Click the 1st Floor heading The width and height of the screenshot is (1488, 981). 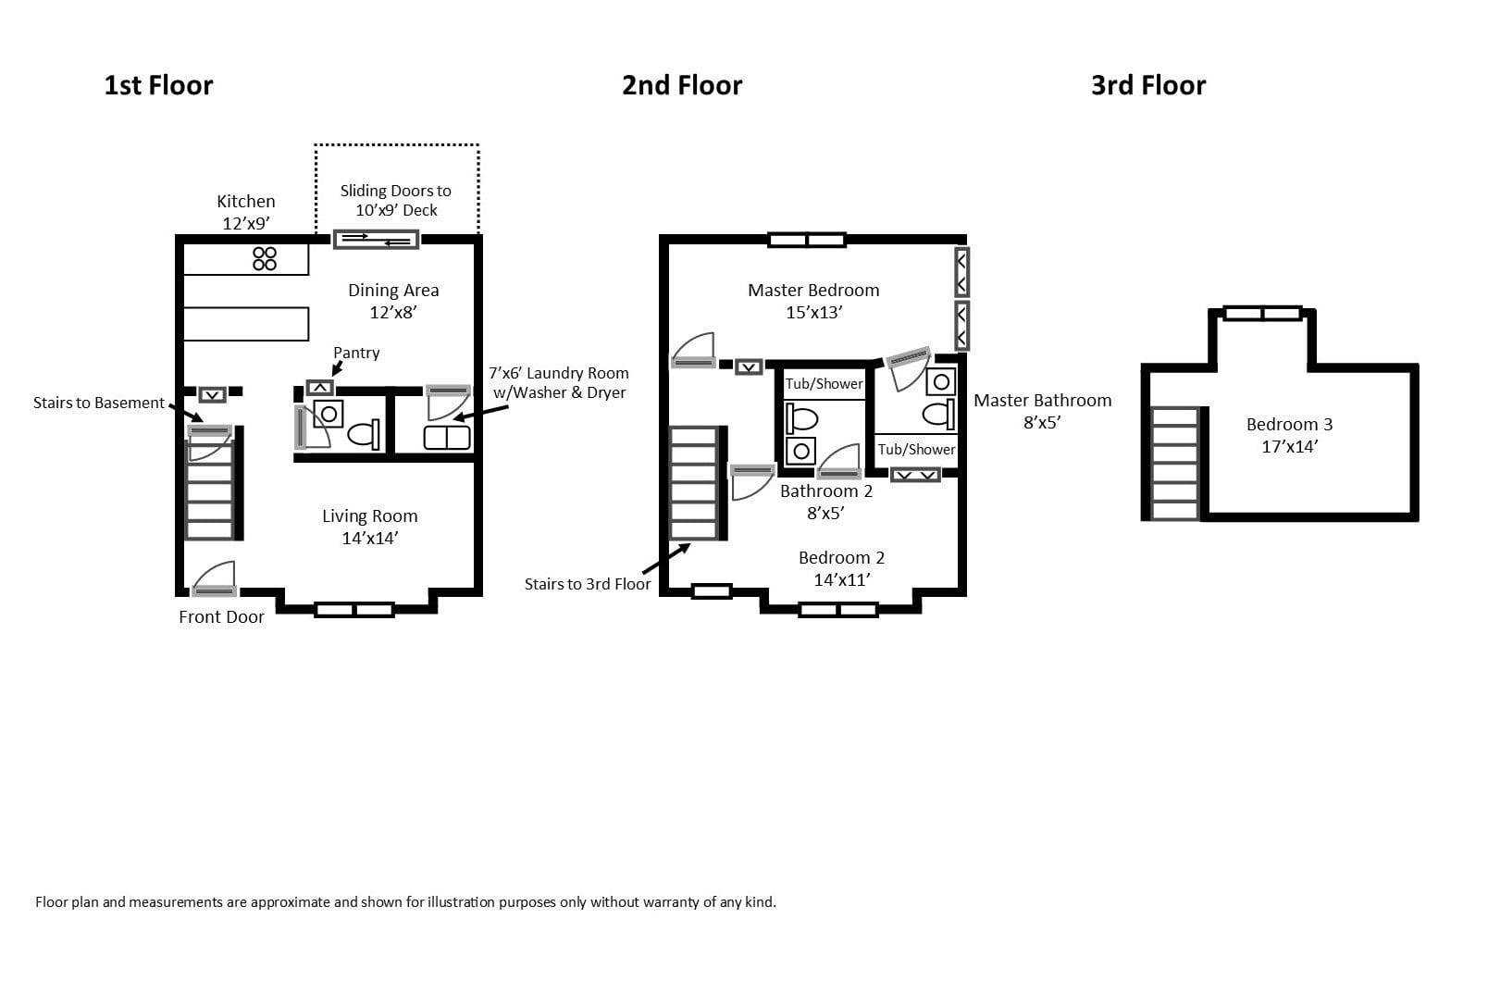click(158, 85)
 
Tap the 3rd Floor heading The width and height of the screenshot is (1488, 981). click(1147, 85)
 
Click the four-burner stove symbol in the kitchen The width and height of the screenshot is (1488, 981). click(265, 258)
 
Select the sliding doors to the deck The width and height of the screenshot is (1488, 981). click(376, 240)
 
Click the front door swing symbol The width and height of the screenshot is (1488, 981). click(215, 579)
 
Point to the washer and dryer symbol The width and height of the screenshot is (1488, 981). click(447, 437)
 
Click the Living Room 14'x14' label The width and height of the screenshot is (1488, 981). click(369, 527)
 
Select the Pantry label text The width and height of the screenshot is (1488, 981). click(356, 353)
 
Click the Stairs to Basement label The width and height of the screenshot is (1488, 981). click(98, 403)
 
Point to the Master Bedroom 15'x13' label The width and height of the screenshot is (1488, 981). click(813, 301)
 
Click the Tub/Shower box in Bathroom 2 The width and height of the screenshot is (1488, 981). click(824, 384)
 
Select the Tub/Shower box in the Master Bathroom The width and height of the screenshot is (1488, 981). click(916, 449)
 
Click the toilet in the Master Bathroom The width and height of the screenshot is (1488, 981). click(938, 414)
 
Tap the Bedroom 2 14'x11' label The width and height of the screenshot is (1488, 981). click(841, 568)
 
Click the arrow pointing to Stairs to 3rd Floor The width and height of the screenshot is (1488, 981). click(665, 559)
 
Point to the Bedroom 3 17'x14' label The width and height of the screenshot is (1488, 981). click(1289, 435)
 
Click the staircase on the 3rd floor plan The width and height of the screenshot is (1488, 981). click(1175, 463)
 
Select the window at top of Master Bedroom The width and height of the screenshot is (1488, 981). click(807, 241)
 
